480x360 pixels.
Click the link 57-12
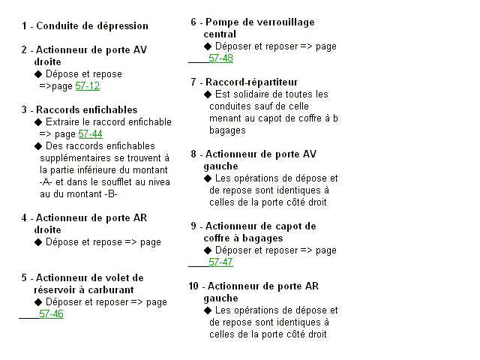(88, 86)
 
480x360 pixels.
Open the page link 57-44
(90, 134)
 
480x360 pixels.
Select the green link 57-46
(51, 314)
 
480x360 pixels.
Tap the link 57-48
(220, 58)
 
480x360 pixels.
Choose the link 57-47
(220, 262)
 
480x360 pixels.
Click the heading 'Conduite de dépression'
(90, 25)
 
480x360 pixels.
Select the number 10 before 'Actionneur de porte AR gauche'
(193, 286)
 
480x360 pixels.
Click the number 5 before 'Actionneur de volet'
(25, 277)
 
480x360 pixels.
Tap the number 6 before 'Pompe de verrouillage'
(193, 22)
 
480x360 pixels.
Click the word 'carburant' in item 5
(108, 289)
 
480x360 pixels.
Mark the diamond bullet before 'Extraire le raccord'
(38, 122)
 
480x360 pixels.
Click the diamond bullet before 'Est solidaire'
(208, 94)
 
